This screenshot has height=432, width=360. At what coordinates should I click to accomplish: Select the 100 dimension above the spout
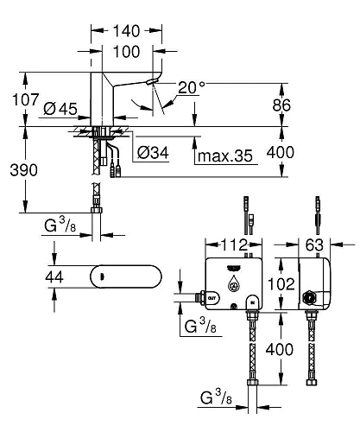127,52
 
